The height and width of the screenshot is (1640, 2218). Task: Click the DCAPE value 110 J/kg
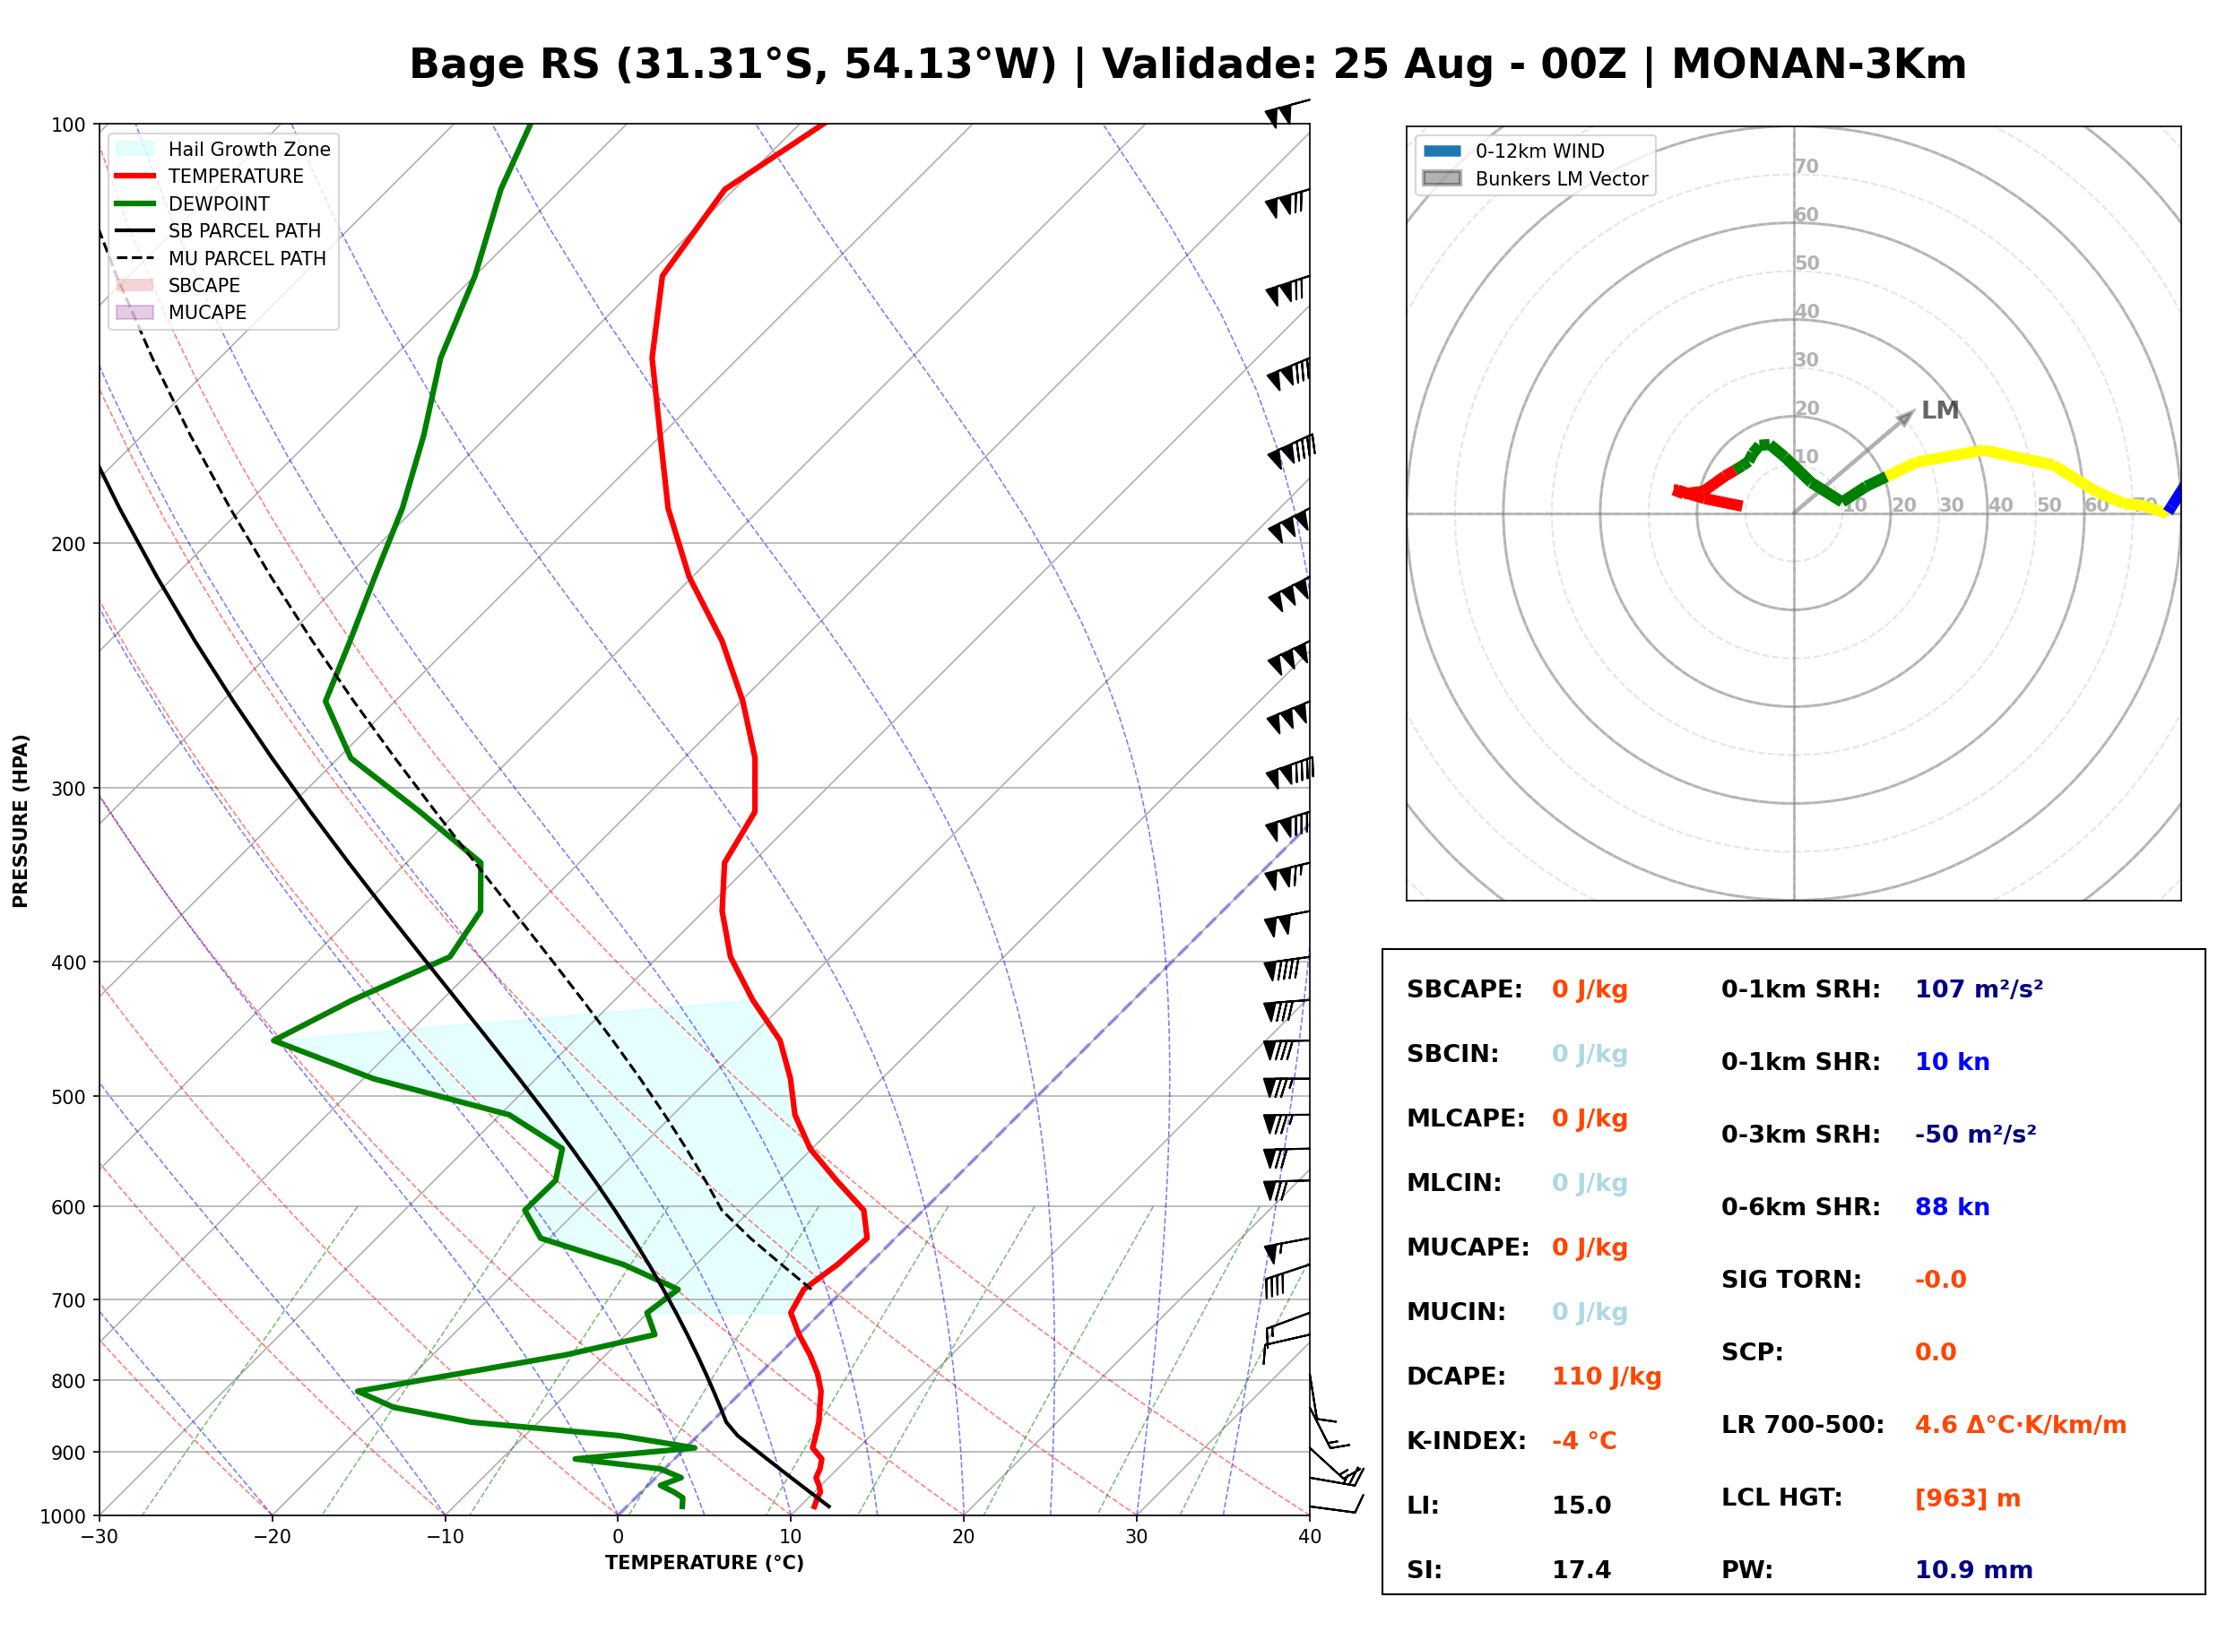click(1607, 1377)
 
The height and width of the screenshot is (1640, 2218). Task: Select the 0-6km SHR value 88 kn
click(1952, 1207)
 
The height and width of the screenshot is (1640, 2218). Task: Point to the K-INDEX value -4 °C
click(1583, 1441)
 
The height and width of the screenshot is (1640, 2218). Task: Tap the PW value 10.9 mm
click(1974, 1570)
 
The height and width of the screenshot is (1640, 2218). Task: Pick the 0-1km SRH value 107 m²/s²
click(1979, 989)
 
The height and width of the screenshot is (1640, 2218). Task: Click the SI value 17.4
click(1581, 1570)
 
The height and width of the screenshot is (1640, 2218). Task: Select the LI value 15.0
click(1581, 1506)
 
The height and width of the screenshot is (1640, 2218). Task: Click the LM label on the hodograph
click(1940, 410)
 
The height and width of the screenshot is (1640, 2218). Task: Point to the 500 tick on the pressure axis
click(68, 1097)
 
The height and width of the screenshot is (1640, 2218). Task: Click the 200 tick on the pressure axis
click(68, 544)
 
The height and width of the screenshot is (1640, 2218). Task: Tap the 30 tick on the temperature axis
click(1137, 1537)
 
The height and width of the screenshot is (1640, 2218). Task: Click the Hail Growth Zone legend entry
click(223, 149)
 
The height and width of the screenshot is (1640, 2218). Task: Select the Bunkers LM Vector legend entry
click(1535, 178)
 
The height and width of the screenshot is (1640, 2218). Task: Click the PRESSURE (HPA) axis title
click(21, 821)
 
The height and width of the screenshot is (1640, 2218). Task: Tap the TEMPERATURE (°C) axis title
click(705, 1563)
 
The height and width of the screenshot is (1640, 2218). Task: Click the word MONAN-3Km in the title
click(1819, 65)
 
